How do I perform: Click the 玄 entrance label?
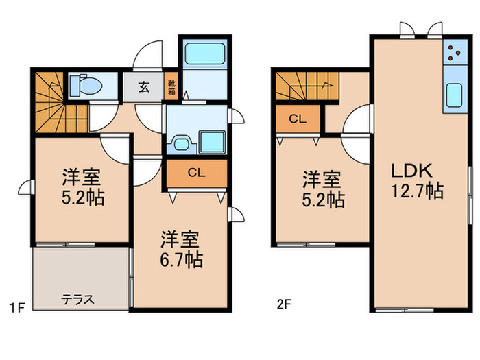point(145,87)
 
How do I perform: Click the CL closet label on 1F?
point(195,173)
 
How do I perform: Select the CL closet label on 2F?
point(297,119)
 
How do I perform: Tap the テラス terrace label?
point(77,300)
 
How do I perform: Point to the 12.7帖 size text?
point(417,191)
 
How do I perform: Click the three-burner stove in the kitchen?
point(453,53)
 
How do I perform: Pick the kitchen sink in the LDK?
point(455,96)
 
